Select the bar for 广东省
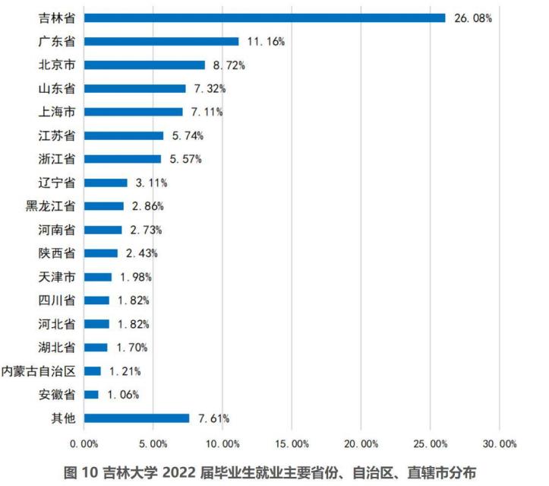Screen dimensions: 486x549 pos(161,41)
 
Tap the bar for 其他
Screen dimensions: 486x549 pos(137,418)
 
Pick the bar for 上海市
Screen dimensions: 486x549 pos(133,112)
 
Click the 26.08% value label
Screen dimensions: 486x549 pos(472,17)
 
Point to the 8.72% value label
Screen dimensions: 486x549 pos(229,65)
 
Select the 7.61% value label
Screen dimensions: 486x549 pos(213,418)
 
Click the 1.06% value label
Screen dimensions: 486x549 pos(123,394)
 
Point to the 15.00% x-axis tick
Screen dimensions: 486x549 pos(291,443)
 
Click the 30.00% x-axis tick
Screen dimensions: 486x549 pos(499,443)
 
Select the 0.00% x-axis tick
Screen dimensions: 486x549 pos(84,443)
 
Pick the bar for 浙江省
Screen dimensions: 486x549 pos(122,159)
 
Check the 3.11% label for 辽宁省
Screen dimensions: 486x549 pos(150,183)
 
